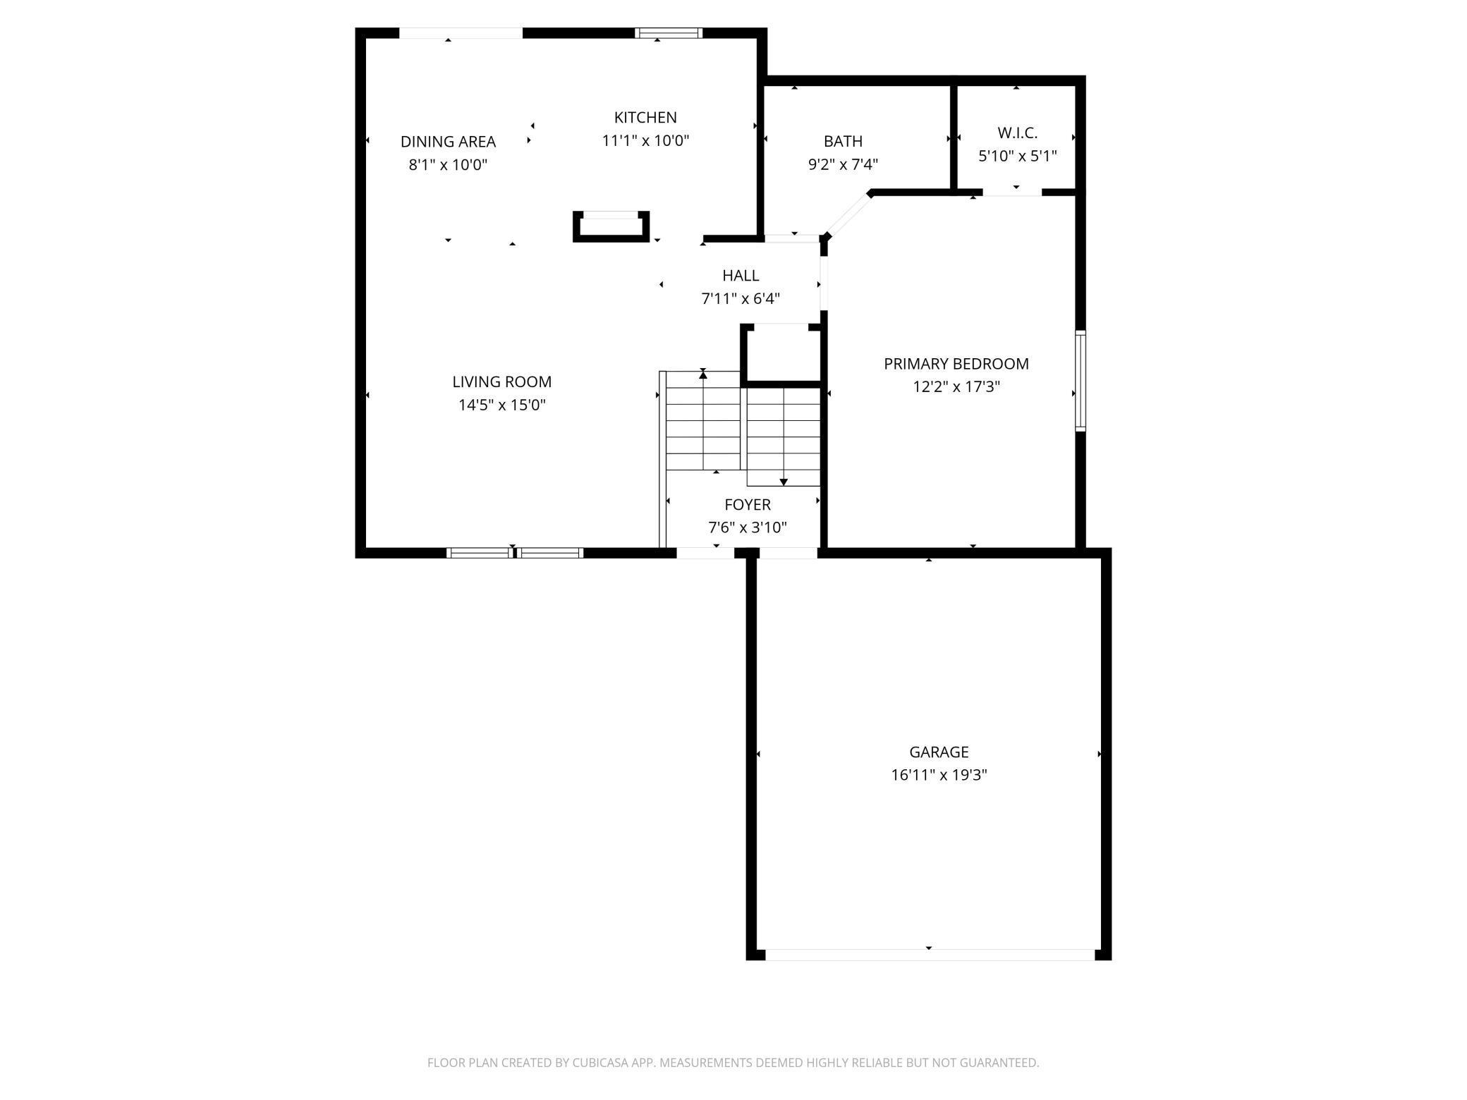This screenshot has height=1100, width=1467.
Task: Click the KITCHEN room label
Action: [645, 118]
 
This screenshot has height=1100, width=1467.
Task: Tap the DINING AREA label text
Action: [448, 142]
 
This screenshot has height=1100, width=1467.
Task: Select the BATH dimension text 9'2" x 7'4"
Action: [843, 165]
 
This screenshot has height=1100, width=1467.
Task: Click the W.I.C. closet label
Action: [1017, 133]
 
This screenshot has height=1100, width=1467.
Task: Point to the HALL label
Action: [741, 276]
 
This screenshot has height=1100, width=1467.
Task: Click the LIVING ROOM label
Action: [501, 382]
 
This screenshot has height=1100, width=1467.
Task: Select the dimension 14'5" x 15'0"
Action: [502, 405]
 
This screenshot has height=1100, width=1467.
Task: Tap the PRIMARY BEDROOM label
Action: [956, 364]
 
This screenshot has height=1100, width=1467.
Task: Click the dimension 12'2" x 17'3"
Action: [956, 387]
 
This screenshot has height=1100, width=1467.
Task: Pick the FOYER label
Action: [748, 505]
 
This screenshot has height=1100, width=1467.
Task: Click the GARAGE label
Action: [939, 752]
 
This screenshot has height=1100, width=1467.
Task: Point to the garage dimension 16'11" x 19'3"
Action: [939, 776]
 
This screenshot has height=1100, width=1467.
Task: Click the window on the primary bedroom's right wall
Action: [1080, 381]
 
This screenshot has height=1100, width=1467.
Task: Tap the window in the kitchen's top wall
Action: [669, 32]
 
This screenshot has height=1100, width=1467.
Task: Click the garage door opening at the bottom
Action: [930, 955]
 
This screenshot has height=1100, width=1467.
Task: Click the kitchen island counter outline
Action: [611, 227]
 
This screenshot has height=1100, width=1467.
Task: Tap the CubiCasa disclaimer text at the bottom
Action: [733, 1063]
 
